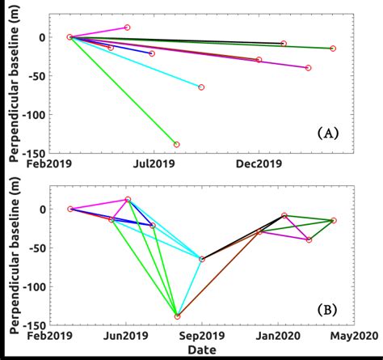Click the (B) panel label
tap(327, 308)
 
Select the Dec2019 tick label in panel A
tap(259, 164)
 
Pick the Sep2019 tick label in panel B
tap(202, 336)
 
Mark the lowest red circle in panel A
tap(177, 145)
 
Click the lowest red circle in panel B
tap(177, 316)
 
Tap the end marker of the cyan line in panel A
tap(201, 87)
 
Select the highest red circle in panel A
tap(128, 28)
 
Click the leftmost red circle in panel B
tap(70, 209)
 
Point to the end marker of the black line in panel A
tap(284, 43)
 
